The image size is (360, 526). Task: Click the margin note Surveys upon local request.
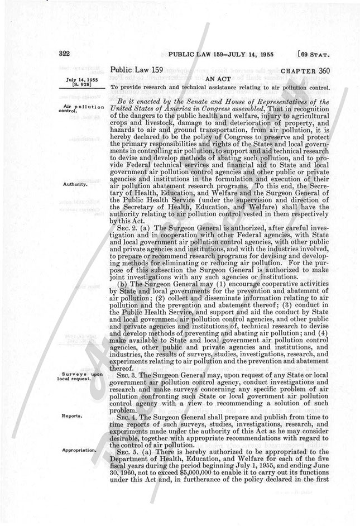click(81, 377)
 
